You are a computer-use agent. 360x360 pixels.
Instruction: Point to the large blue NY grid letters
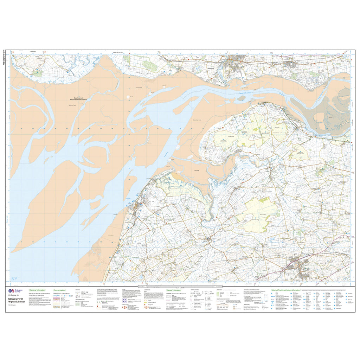[14, 279]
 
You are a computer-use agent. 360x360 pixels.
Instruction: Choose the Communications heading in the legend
[59, 290]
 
